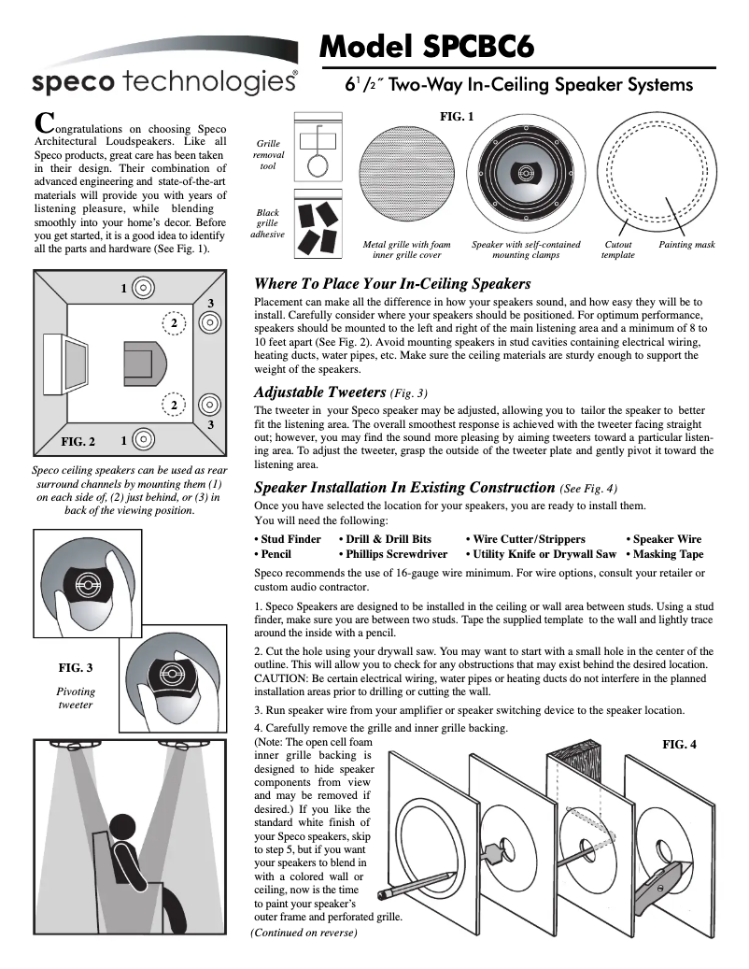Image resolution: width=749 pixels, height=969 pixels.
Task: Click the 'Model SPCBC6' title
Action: coord(427,44)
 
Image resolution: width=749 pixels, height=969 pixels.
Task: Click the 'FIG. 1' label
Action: coord(457,117)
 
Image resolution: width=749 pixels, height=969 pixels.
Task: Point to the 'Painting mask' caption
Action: coord(686,245)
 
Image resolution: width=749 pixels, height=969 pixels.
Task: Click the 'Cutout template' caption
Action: coord(617,249)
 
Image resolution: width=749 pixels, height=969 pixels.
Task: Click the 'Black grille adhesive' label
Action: coord(267,223)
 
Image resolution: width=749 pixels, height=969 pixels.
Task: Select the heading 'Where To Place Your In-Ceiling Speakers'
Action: coord(392,283)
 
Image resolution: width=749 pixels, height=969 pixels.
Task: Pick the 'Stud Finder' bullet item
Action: coord(288,539)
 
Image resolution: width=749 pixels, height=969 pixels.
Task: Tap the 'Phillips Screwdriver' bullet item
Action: coord(393,554)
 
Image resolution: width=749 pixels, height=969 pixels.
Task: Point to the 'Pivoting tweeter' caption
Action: coord(76,698)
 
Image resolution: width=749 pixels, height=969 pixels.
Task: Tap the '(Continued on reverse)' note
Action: coord(304,932)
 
